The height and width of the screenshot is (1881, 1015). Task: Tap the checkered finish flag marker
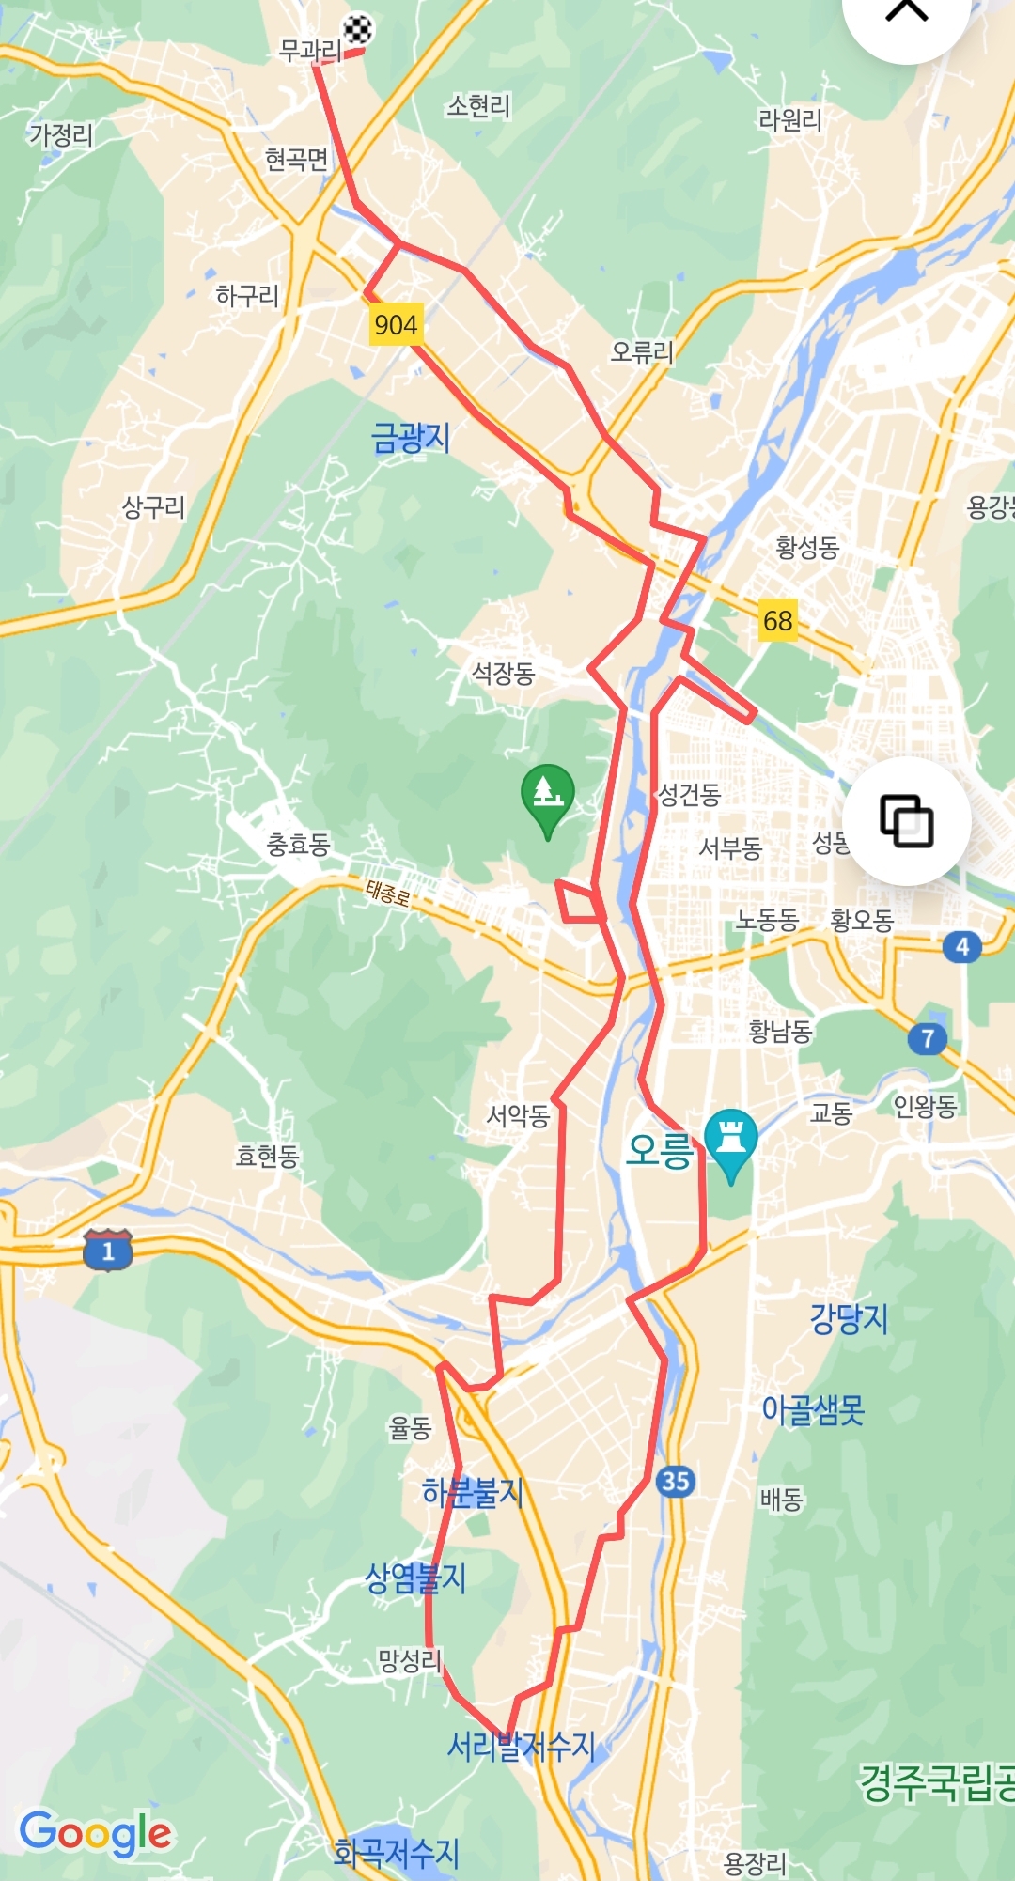pyautogui.click(x=357, y=30)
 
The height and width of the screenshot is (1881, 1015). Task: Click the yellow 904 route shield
pyautogui.click(x=396, y=325)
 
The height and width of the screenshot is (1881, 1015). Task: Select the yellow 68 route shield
pyautogui.click(x=777, y=621)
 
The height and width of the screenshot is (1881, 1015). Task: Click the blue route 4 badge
pyautogui.click(x=961, y=947)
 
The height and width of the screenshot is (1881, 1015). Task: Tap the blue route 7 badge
pyautogui.click(x=928, y=1038)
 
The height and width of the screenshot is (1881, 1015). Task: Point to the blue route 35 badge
pyautogui.click(x=675, y=1482)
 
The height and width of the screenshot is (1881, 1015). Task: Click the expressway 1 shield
pyautogui.click(x=108, y=1250)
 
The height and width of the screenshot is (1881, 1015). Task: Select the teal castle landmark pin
pyautogui.click(x=730, y=1140)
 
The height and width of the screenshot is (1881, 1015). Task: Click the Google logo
pyautogui.click(x=96, y=1833)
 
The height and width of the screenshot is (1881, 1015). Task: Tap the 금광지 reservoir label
pyautogui.click(x=411, y=438)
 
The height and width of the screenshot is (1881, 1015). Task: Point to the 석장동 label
pyautogui.click(x=503, y=673)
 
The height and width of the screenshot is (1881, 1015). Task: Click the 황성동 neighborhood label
pyautogui.click(x=806, y=547)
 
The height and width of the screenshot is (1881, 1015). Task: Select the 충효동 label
pyautogui.click(x=298, y=845)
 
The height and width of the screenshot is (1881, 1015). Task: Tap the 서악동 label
pyautogui.click(x=518, y=1115)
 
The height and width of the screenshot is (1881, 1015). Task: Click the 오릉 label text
pyautogui.click(x=659, y=1150)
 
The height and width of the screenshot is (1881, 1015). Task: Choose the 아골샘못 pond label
pyautogui.click(x=813, y=1409)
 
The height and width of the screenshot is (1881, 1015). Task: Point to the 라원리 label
pyautogui.click(x=789, y=120)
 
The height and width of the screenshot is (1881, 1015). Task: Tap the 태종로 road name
pyautogui.click(x=388, y=892)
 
